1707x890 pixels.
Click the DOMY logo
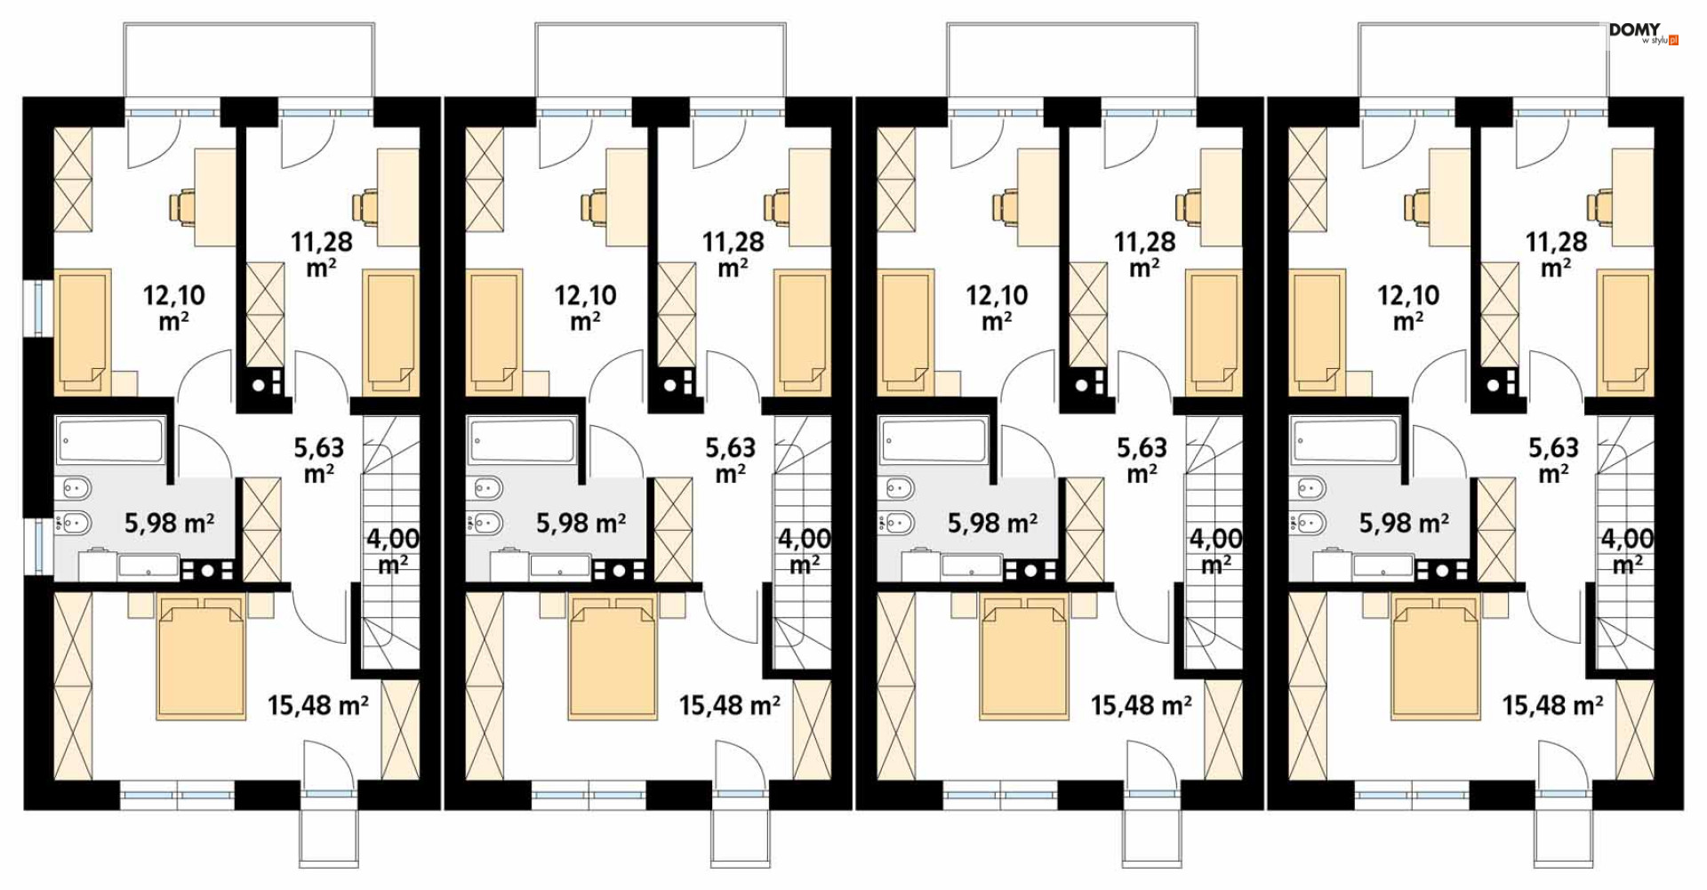pos(1643,34)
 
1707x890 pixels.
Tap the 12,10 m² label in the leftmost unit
pos(174,308)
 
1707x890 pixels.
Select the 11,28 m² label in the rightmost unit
pos(1556,254)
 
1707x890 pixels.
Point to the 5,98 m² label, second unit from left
pos(581,523)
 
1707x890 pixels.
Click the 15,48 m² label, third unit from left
pos(1142,706)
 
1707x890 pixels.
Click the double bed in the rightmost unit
pos(1436,658)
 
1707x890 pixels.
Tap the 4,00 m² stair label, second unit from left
pos(805,551)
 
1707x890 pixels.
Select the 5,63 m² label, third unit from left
pos(1142,461)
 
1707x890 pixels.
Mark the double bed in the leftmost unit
pos(201,658)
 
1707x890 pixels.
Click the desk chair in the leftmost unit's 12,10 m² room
pos(182,207)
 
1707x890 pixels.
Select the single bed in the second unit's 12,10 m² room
pos(494,332)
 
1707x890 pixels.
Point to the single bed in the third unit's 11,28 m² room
pos(1214,332)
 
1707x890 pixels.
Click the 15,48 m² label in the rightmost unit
pos(1553,706)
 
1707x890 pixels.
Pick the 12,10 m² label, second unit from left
pos(586,308)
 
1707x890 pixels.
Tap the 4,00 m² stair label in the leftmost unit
pos(393,551)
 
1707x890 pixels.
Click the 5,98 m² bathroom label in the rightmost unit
pos(1404,523)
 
